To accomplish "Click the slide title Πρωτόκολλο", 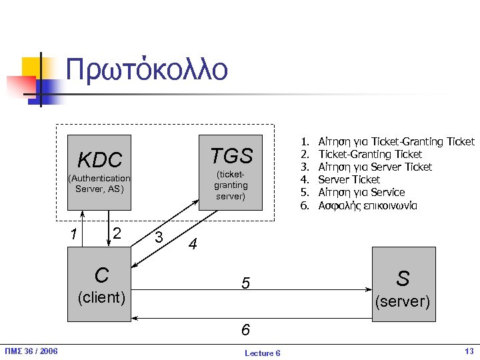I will click(147, 70).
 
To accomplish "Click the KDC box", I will click(100, 172).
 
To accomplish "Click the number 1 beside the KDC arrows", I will click(74, 234).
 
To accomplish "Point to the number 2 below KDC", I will click(117, 233).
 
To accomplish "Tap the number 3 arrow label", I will click(159, 237).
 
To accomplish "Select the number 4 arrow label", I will click(193, 245).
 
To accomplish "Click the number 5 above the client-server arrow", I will click(245, 284).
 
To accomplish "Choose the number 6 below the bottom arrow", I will click(245, 330).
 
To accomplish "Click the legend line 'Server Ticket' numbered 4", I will click(349, 179).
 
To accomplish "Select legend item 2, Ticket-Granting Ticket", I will click(370, 154).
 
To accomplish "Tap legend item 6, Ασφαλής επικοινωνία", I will click(367, 205).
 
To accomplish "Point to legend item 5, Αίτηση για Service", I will click(361, 192).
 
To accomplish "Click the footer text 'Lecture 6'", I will click(263, 353).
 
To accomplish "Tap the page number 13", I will click(468, 351).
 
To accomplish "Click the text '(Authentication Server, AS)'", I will click(99, 183).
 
